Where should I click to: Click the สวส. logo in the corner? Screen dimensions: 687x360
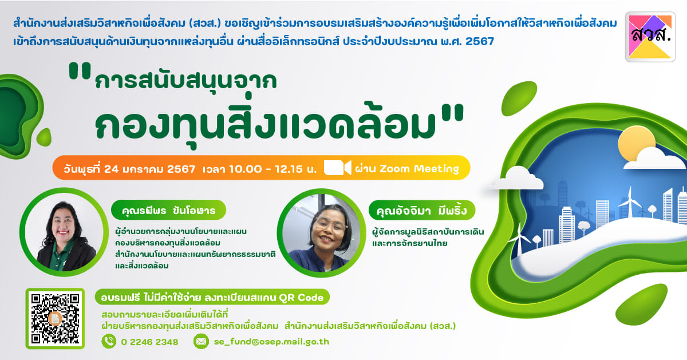[650, 37]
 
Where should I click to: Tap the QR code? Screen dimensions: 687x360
[55, 318]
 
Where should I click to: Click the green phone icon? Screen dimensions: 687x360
[109, 341]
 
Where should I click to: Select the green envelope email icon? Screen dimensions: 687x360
[201, 341]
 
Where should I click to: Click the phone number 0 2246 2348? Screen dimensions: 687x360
[149, 342]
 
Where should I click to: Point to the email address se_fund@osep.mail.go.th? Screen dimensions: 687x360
[271, 342]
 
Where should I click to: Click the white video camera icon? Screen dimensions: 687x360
[337, 168]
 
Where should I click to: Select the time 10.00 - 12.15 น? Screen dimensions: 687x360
[273, 169]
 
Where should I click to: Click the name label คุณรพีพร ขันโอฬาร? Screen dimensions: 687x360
[168, 210]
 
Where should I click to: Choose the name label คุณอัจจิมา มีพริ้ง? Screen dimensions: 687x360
[422, 211]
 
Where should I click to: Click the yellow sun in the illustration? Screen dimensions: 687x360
[637, 144]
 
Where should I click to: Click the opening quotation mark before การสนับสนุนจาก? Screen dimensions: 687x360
[80, 70]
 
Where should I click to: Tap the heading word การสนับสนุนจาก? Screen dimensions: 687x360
[186, 80]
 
